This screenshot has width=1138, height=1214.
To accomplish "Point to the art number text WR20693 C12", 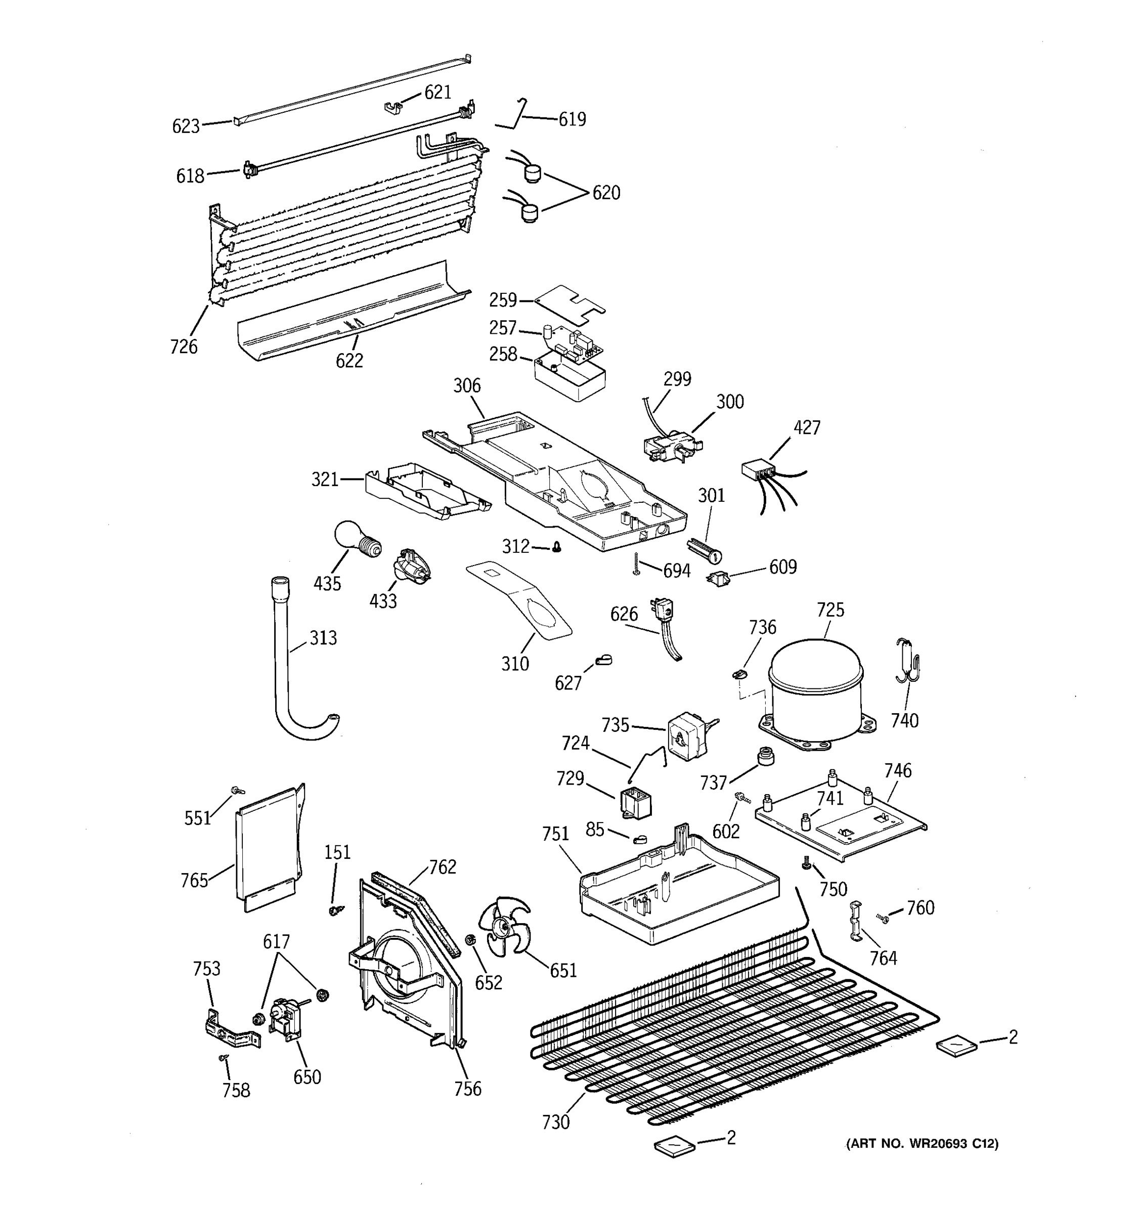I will [922, 1144].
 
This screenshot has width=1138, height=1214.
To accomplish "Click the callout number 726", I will [184, 346].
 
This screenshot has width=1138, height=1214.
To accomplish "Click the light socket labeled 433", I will [412, 566].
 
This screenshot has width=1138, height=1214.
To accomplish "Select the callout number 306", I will [466, 385].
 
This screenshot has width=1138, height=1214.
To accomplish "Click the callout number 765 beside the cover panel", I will [194, 880].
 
